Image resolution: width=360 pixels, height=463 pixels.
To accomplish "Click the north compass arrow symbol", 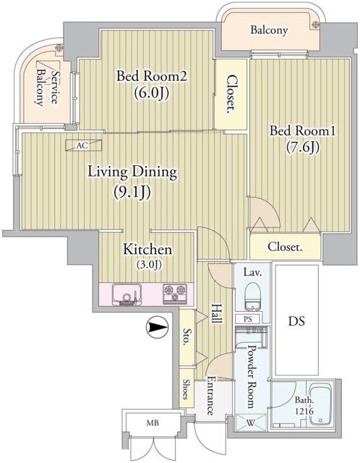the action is coord(157,327).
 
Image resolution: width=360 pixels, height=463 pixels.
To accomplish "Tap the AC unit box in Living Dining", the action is coord(84,145).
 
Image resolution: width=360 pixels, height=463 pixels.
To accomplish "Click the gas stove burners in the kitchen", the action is coord(175,294).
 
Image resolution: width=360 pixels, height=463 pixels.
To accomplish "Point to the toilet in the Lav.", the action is coord(252,296).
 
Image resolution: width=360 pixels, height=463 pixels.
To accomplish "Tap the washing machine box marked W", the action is coord(251,422).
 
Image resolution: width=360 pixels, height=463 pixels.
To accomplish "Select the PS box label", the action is coord(248,319).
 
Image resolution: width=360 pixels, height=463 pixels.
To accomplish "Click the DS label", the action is coord(296,321).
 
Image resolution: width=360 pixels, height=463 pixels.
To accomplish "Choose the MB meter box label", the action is coord(153,422).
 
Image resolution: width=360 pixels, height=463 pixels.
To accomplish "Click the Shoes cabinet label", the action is coord(187,389).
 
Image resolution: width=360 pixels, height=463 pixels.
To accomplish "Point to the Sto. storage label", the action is coord(186,336).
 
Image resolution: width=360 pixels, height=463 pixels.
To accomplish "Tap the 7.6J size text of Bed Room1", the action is coord(303,148).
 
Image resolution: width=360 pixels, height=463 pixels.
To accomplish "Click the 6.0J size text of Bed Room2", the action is coord(152,93).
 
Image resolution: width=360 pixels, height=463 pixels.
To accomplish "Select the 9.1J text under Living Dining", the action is coord(132,192).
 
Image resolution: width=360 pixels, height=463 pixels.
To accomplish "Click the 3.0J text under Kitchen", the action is coord(149,265).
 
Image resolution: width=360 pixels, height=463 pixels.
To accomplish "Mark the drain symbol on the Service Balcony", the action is coord(59,48).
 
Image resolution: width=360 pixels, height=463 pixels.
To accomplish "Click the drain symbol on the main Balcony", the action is coord(315,25).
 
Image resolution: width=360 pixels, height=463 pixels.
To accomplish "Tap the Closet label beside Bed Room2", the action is coord(232,94).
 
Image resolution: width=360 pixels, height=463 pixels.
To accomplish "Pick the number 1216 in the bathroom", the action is coord(304,411).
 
